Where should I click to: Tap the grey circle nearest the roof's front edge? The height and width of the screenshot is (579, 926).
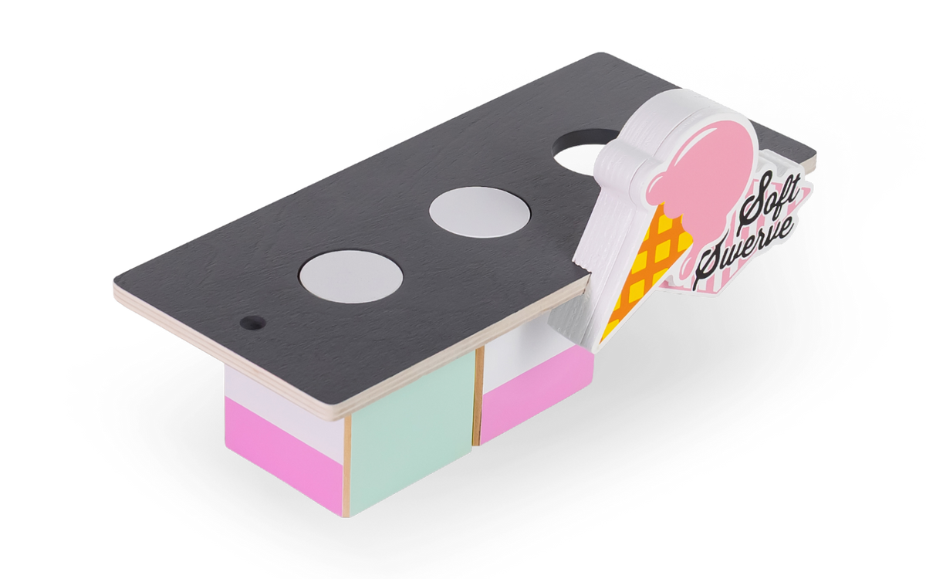[351, 276]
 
